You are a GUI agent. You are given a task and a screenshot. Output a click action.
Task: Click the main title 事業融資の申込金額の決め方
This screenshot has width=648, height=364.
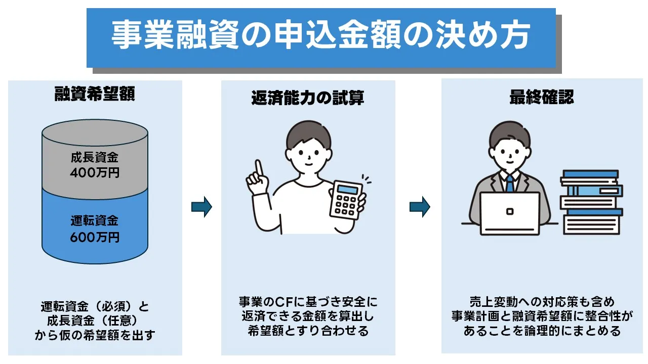coord(320,36)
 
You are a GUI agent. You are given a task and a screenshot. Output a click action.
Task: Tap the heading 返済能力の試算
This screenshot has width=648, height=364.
coord(308,98)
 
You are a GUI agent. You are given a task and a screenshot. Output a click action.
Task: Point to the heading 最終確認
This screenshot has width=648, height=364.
coord(542,97)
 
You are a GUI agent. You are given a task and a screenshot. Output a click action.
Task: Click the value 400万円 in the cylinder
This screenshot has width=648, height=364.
coord(95,173)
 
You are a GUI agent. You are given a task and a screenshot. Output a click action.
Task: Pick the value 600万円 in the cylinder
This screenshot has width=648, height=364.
coord(95,236)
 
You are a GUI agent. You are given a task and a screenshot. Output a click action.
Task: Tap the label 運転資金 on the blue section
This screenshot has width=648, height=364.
coord(95,221)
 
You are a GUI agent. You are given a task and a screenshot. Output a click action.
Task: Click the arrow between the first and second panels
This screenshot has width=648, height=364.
coord(201,207)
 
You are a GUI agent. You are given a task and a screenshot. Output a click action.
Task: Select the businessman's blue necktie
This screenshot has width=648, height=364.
coord(509,183)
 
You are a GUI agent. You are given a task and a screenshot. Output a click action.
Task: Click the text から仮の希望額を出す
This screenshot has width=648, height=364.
coord(95,335)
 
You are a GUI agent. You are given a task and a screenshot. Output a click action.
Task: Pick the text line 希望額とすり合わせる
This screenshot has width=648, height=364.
coord(308,331)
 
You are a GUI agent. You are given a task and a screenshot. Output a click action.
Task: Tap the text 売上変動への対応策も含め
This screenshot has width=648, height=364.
coord(542,302)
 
